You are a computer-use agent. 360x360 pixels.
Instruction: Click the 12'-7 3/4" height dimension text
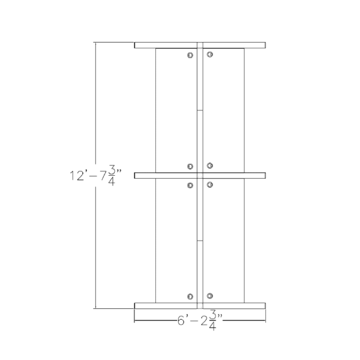[x=95, y=175]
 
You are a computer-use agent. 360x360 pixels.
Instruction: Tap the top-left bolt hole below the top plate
[x=190, y=55]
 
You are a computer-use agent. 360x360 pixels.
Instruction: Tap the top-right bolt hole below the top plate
[x=210, y=55]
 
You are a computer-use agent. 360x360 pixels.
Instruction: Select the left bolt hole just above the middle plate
[x=190, y=166]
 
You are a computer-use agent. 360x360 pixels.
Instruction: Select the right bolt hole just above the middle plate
[x=210, y=166]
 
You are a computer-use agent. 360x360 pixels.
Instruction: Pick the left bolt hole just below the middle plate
[x=190, y=185]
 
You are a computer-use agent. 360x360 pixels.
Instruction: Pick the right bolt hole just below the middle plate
[x=210, y=185]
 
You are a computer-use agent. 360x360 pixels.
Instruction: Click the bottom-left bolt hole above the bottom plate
[x=190, y=296]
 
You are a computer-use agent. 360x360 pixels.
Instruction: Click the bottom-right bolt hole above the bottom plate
[x=210, y=296]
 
